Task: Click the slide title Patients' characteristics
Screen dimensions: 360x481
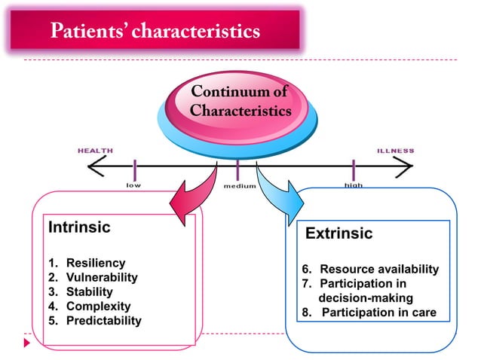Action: coord(155,32)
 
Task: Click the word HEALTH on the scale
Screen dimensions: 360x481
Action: coord(96,151)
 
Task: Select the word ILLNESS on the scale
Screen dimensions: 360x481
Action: coord(395,151)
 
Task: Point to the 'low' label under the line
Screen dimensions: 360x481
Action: coord(133,184)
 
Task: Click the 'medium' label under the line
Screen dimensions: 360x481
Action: coord(240,185)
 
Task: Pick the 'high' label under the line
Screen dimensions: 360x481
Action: coord(354,184)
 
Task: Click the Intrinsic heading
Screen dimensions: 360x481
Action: coord(79,227)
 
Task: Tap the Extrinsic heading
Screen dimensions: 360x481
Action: coord(339,234)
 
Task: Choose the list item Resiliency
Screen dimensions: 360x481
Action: coord(95,263)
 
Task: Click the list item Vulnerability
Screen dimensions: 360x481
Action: coord(102,277)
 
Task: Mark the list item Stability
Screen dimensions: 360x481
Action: coord(89,291)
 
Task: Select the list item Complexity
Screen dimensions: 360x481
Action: coord(98,307)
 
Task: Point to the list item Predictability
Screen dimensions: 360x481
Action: coord(103,321)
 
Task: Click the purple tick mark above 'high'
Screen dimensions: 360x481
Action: coord(354,167)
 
